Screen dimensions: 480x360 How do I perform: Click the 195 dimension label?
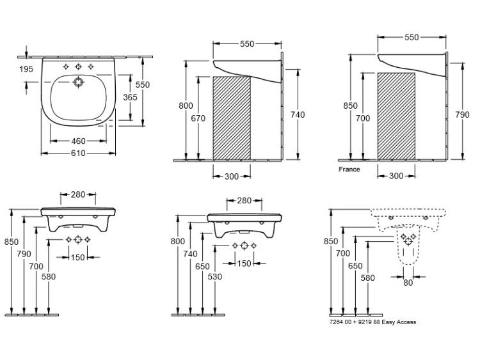(26, 69)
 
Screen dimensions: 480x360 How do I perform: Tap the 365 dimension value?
(130, 97)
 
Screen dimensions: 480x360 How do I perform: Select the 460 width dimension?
(78, 141)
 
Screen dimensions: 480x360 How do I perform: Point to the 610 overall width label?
(78, 153)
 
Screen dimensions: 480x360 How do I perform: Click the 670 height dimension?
(198, 118)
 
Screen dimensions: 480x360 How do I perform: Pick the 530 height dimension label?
(214, 276)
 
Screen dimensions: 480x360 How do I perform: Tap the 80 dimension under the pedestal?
(408, 283)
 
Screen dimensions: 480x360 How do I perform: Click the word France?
(349, 169)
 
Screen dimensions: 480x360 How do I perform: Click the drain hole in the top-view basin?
(78, 82)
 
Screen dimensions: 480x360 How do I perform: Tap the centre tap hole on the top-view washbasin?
(78, 67)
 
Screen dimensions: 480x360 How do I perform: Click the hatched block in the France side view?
(396, 116)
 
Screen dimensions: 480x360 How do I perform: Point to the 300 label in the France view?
(396, 176)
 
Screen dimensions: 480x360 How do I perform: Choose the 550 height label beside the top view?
(143, 84)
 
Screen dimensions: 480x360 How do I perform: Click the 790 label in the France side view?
(462, 114)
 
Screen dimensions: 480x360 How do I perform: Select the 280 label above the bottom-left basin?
(78, 194)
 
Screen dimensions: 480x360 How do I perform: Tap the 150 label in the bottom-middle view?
(244, 263)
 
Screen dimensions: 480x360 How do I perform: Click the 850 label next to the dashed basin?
(331, 241)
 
